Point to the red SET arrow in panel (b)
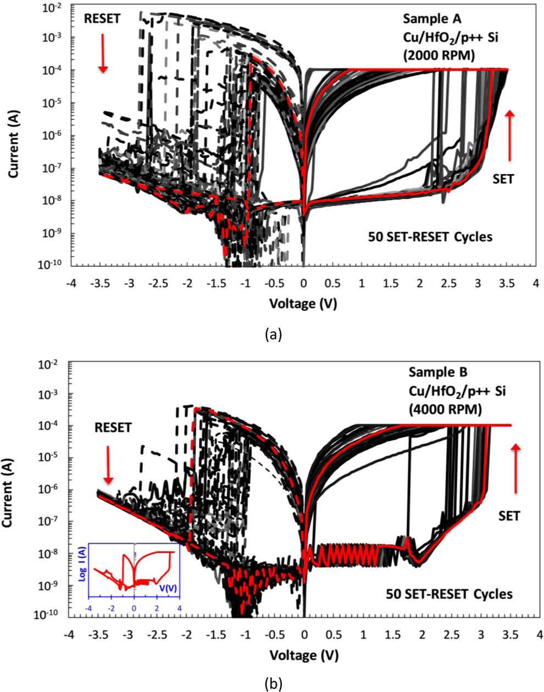(x=516, y=468)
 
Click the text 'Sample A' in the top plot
(x=426, y=18)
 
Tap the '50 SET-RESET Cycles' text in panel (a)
(x=430, y=237)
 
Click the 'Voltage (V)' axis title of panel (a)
(x=303, y=303)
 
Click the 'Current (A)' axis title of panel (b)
(x=8, y=488)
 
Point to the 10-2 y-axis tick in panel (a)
(x=56, y=7)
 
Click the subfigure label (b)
(x=274, y=683)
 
